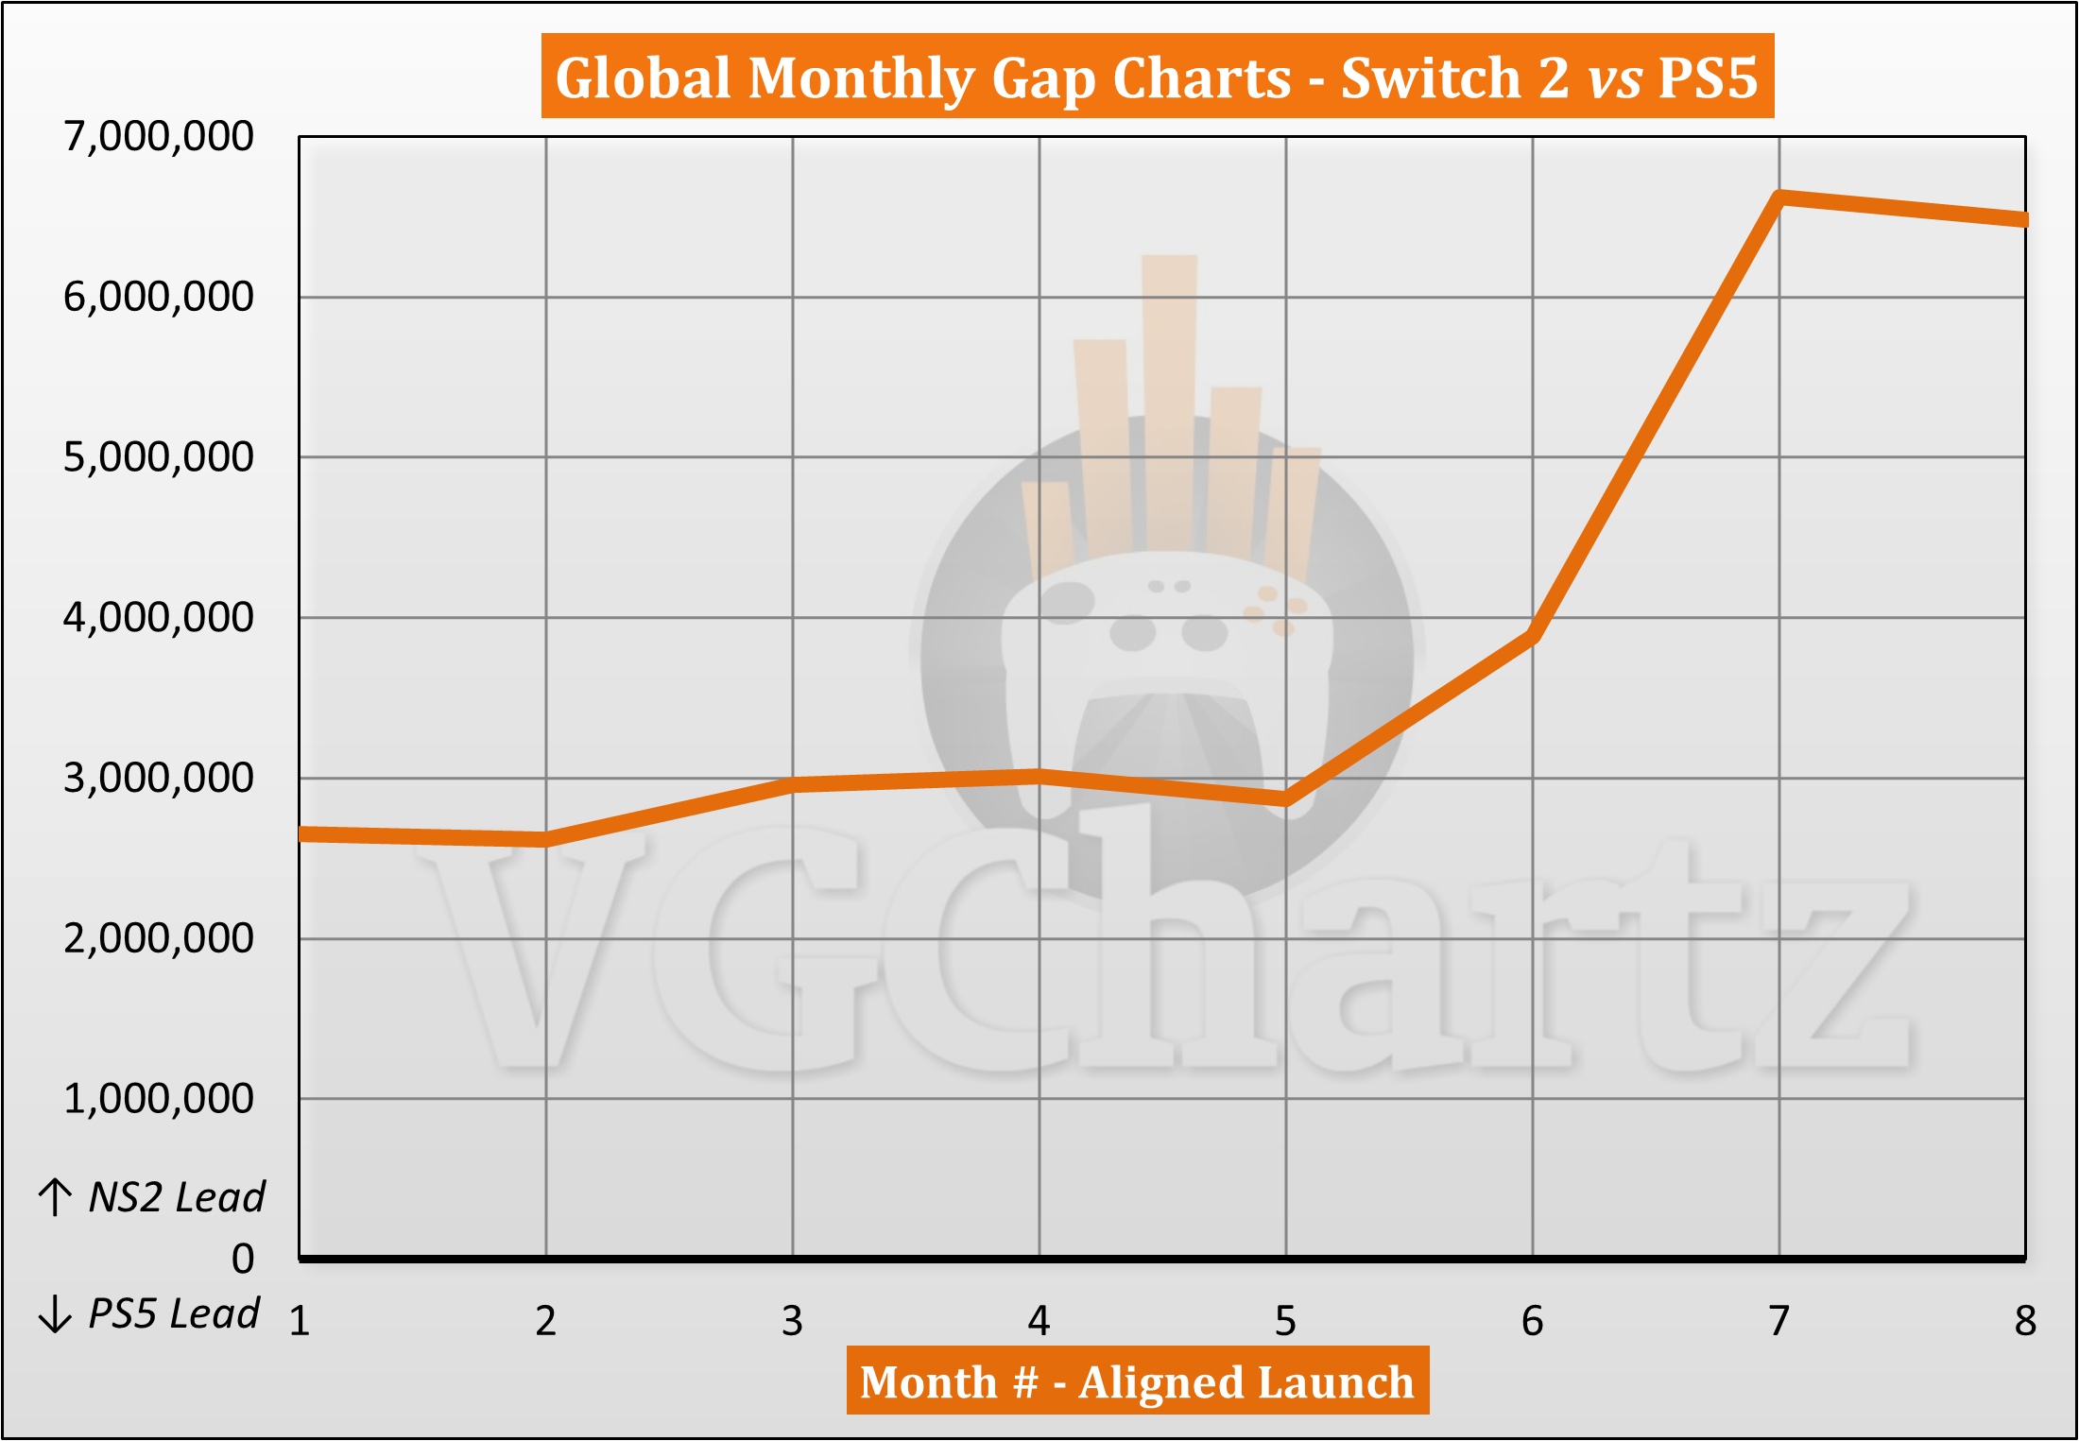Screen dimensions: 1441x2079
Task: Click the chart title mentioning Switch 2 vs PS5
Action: [x=1157, y=77]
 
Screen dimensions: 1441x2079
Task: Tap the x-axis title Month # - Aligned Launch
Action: [x=1137, y=1381]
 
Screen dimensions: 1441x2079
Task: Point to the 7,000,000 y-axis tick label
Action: [x=159, y=136]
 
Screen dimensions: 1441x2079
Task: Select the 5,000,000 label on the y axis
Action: [x=159, y=457]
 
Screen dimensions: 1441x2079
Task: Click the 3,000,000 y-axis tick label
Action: [x=159, y=778]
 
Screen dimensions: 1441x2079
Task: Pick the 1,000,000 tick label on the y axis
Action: [x=159, y=1099]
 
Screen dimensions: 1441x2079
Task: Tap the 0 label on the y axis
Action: [x=243, y=1259]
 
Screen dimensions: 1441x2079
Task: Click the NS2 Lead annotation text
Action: [x=177, y=1197]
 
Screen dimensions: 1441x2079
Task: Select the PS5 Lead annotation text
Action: [x=174, y=1313]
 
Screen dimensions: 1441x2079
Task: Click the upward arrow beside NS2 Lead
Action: [x=55, y=1197]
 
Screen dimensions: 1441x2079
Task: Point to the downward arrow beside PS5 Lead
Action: [x=55, y=1313]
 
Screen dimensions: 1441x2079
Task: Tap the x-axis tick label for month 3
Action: [x=792, y=1321]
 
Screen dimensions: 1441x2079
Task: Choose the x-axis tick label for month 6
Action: [x=1532, y=1321]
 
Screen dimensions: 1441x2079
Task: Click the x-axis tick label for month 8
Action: [x=2024, y=1321]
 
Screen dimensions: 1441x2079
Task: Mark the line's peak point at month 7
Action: [x=1779, y=197]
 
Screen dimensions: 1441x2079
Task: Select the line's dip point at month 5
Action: [x=1286, y=800]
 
